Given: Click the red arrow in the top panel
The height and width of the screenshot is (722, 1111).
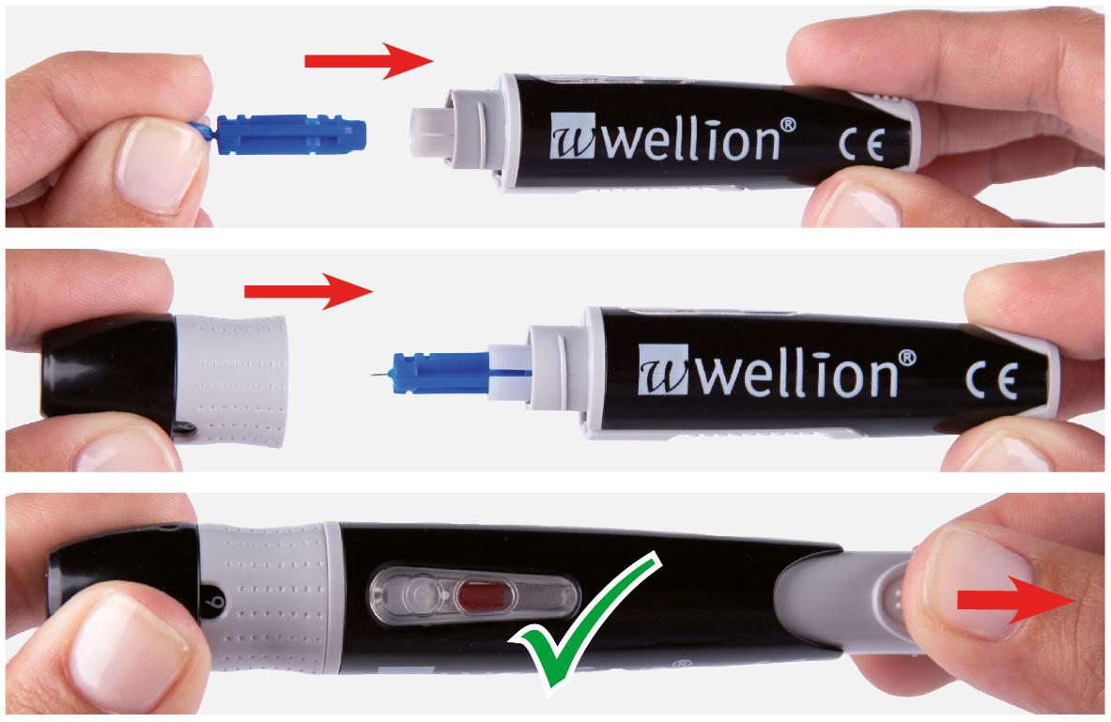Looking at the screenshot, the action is point(368,61).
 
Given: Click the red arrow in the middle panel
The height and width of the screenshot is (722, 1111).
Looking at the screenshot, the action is point(308,291).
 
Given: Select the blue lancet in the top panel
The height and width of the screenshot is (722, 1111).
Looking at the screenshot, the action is point(280,134).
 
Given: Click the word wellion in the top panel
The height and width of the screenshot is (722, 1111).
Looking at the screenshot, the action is point(691,140).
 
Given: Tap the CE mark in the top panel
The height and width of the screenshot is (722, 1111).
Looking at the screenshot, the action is point(861,146).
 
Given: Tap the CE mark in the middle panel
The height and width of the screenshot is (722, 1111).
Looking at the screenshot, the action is point(991,379).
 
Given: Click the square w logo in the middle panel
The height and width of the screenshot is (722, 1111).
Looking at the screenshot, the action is point(663,370).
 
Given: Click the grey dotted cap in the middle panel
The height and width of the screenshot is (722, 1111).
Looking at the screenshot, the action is point(232,380).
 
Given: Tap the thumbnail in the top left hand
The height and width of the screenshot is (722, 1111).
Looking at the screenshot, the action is point(151,164).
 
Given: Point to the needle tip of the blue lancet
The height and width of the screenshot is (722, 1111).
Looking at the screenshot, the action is point(371,373).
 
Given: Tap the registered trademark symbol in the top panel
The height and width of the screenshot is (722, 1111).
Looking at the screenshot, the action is point(788,126).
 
